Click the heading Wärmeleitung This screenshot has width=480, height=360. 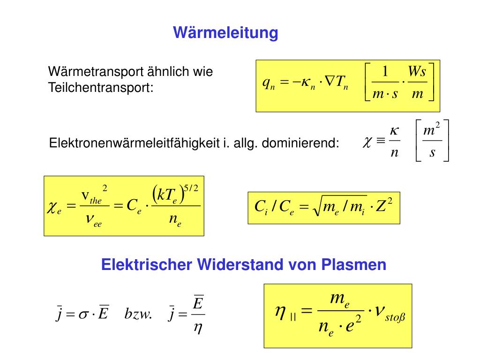click(225, 33)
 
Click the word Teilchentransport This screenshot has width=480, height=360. click(101, 87)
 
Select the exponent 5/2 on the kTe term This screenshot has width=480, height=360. click(191, 188)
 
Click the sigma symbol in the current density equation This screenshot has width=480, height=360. click(83, 314)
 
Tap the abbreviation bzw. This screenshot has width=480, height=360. click(138, 314)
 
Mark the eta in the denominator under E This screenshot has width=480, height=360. click(198, 328)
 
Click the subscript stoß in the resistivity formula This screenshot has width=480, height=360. click(395, 319)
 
